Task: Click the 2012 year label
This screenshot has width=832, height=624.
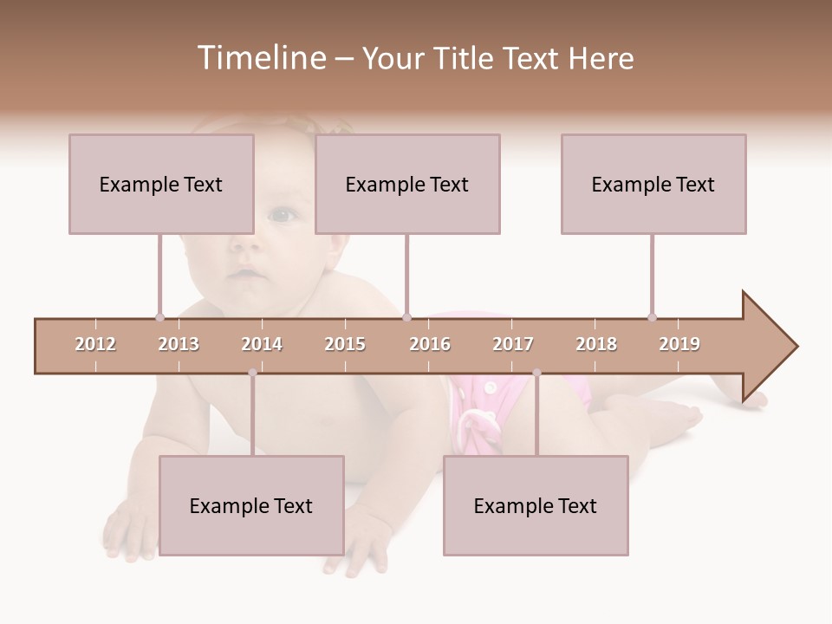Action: pos(95,344)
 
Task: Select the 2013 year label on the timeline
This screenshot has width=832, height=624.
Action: pos(179,344)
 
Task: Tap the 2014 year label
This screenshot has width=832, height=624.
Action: pos(262,344)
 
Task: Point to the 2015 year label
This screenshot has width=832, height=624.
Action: pos(345,344)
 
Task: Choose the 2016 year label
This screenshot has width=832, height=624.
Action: pos(430,344)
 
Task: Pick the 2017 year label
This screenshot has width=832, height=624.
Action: pos(513,344)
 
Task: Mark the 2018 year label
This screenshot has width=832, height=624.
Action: pos(596,344)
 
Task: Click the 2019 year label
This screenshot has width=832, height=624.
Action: pos(679,344)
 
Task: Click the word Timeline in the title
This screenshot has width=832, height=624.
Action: pos(260,58)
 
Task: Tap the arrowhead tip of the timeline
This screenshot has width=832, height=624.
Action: pos(796,347)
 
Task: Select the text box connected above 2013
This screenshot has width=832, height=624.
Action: pos(161,184)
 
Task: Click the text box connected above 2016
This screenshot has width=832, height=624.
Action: pos(407,184)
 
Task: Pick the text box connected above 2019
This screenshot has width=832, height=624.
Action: pos(653,184)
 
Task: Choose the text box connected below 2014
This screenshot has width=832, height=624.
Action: pos(251,505)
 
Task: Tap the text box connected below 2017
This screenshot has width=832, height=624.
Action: pos(536,505)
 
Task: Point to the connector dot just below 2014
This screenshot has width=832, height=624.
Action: pos(252,373)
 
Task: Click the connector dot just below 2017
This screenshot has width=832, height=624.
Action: pos(536,373)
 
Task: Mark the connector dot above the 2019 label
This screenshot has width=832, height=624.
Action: pos(652,317)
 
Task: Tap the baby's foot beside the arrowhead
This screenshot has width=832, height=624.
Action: pos(756,400)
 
